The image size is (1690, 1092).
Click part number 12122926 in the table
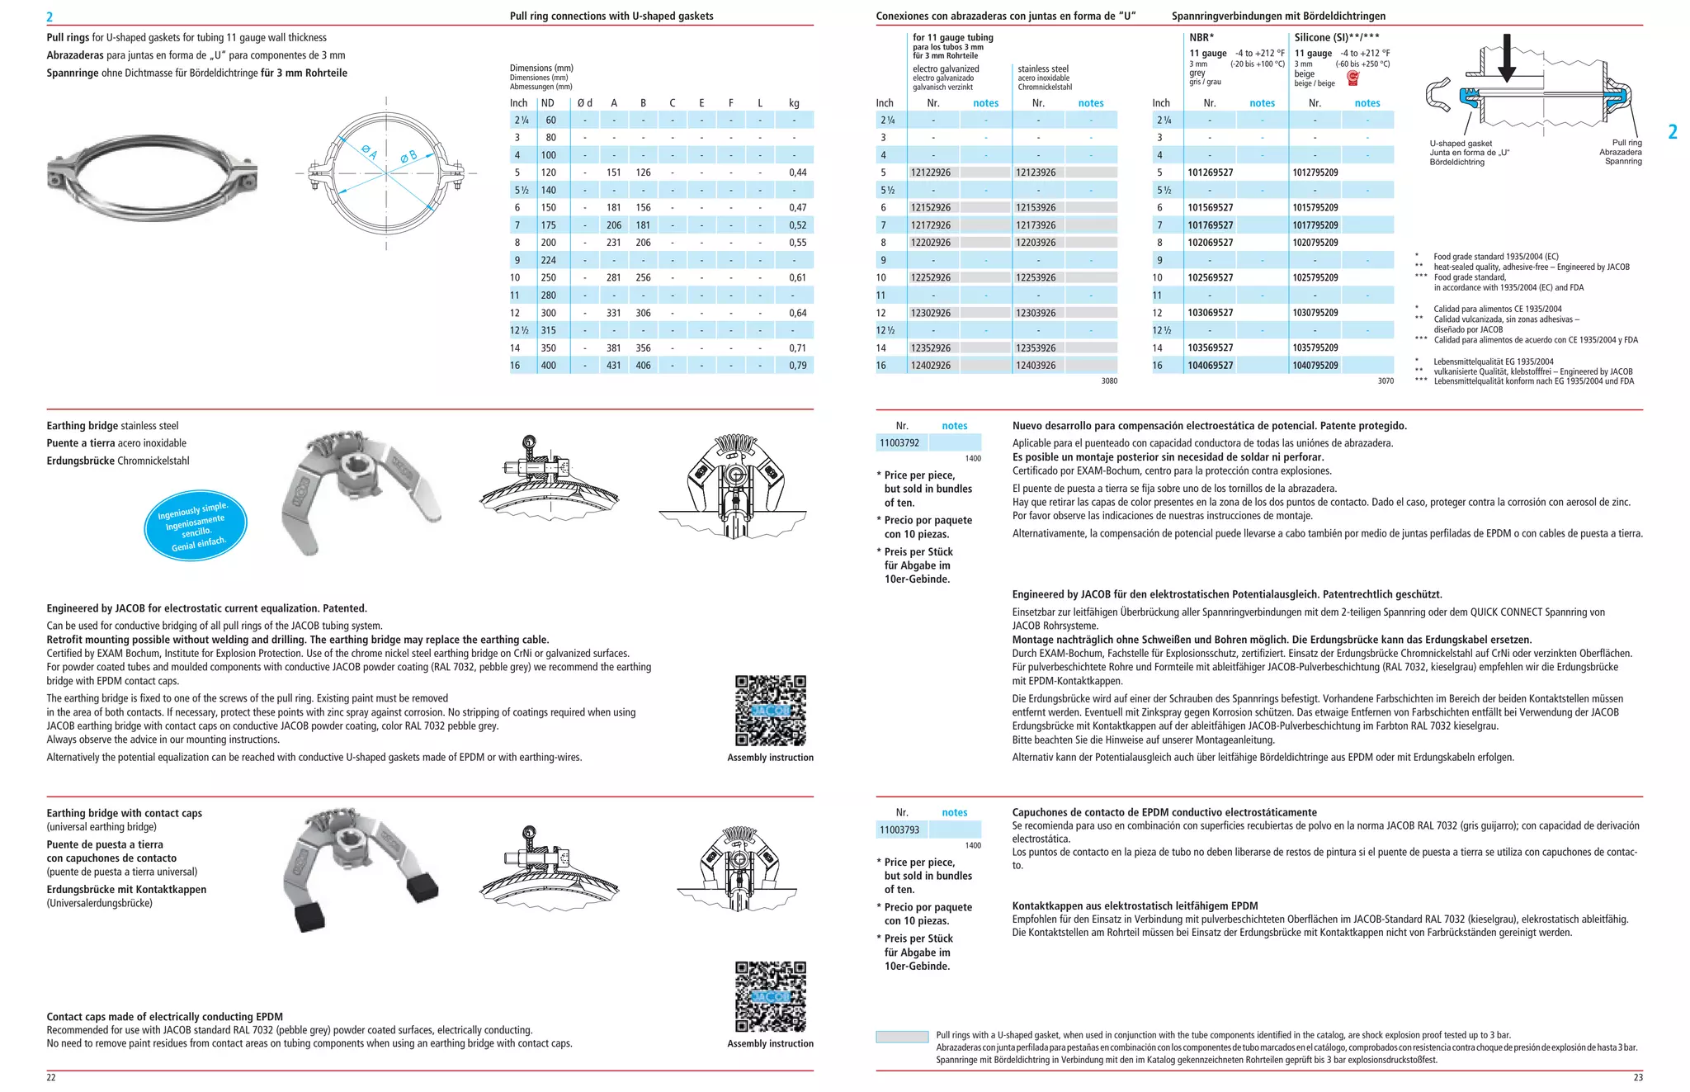(930, 173)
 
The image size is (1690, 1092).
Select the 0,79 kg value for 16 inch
(797, 366)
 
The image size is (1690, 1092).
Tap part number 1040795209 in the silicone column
(1315, 366)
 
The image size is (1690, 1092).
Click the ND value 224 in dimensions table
(549, 260)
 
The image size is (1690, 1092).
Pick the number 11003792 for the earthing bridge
(899, 443)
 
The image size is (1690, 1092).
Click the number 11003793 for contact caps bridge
(899, 830)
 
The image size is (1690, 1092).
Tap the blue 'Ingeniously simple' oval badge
(196, 526)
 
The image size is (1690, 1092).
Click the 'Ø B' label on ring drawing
(408, 156)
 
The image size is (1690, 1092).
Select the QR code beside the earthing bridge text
(770, 711)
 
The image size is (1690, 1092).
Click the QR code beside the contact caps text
(770, 996)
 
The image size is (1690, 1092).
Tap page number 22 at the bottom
(51, 1077)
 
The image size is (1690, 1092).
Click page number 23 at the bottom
(1637, 1077)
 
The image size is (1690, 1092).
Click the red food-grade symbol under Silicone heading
(1352, 78)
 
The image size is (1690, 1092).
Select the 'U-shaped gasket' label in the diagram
(1461, 144)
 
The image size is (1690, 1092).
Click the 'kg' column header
(794, 103)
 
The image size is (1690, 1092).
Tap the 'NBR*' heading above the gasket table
(1201, 37)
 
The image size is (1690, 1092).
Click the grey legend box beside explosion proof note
(902, 1037)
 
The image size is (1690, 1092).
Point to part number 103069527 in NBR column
(1210, 313)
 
